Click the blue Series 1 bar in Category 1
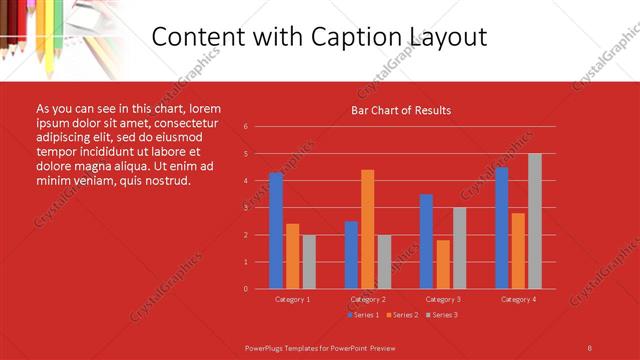276,231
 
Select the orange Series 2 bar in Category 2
367,229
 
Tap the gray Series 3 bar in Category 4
535,221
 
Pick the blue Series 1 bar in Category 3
426,241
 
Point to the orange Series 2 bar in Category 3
443,264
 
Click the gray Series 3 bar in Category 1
309,261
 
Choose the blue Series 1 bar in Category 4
501,228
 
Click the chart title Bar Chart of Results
401,110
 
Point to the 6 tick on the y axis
246,127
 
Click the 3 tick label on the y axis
246,208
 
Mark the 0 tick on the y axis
246,289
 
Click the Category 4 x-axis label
518,299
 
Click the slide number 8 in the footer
589,347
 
